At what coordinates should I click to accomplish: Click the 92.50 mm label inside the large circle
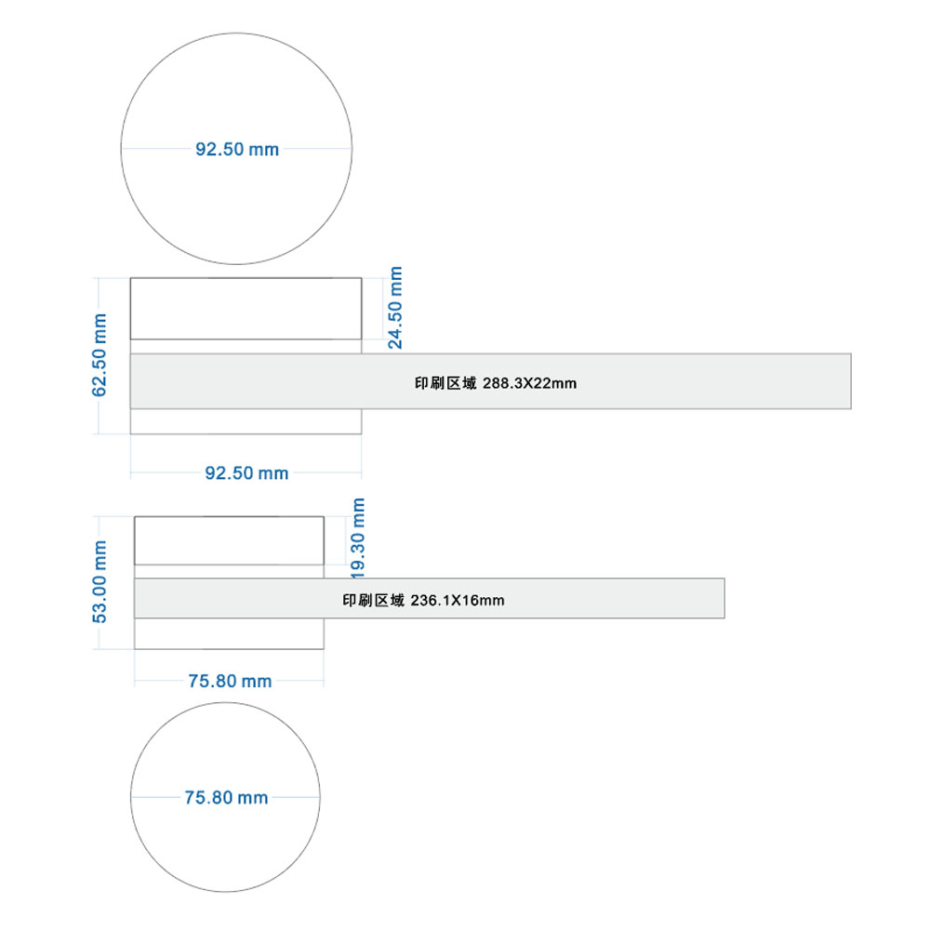point(237,149)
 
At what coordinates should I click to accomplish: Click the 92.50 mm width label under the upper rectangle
point(246,472)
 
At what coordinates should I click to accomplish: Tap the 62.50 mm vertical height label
point(100,354)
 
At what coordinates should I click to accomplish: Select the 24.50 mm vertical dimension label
point(395,307)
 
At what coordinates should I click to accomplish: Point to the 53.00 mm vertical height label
point(100,581)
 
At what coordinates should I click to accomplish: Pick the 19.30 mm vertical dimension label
point(358,538)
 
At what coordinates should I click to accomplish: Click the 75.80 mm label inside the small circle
point(226,797)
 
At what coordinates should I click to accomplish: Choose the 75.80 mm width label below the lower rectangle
point(230,681)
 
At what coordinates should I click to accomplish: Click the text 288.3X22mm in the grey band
point(530,383)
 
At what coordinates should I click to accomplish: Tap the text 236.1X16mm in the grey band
point(458,600)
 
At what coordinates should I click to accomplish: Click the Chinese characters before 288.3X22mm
point(445,383)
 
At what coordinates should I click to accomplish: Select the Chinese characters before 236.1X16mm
point(373,600)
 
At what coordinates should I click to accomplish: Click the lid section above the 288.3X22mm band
point(246,309)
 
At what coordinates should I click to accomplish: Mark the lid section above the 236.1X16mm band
point(229,540)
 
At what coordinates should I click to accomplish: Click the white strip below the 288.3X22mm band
point(246,421)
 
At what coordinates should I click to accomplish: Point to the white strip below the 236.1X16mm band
point(229,633)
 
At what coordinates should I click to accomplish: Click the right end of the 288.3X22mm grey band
point(851,381)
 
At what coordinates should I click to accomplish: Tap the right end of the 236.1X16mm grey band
point(724,598)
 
